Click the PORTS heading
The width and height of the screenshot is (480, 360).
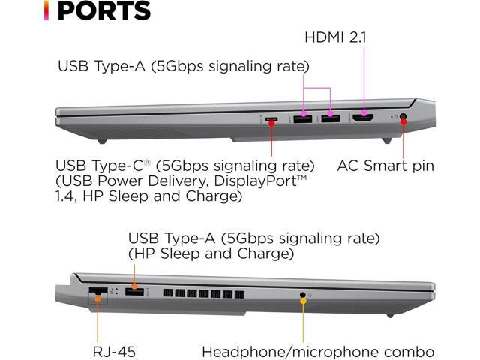coord(104,11)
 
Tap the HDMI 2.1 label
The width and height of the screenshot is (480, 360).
coord(335,37)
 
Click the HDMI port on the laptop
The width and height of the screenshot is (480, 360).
coord(364,118)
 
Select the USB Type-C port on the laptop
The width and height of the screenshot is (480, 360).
coord(272,119)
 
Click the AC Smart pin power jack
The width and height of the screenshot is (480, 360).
coord(403,118)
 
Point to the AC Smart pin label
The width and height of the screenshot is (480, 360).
coord(385,165)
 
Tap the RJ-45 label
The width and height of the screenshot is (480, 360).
coord(115,351)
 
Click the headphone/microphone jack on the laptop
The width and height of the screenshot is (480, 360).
coord(303,295)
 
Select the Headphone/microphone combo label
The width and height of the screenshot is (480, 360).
coord(318,351)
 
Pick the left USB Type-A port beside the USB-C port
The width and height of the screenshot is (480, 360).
coord(303,118)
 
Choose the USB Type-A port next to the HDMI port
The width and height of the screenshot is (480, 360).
coord(331,118)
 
